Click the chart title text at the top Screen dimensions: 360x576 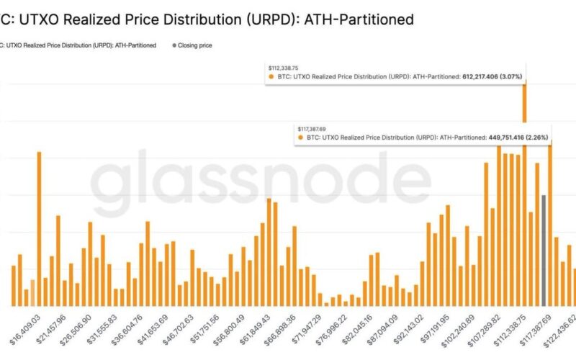point(209,19)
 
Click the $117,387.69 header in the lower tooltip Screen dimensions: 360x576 point(315,127)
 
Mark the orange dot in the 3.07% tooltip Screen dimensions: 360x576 point(271,76)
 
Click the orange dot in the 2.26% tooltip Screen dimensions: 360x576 point(300,135)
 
